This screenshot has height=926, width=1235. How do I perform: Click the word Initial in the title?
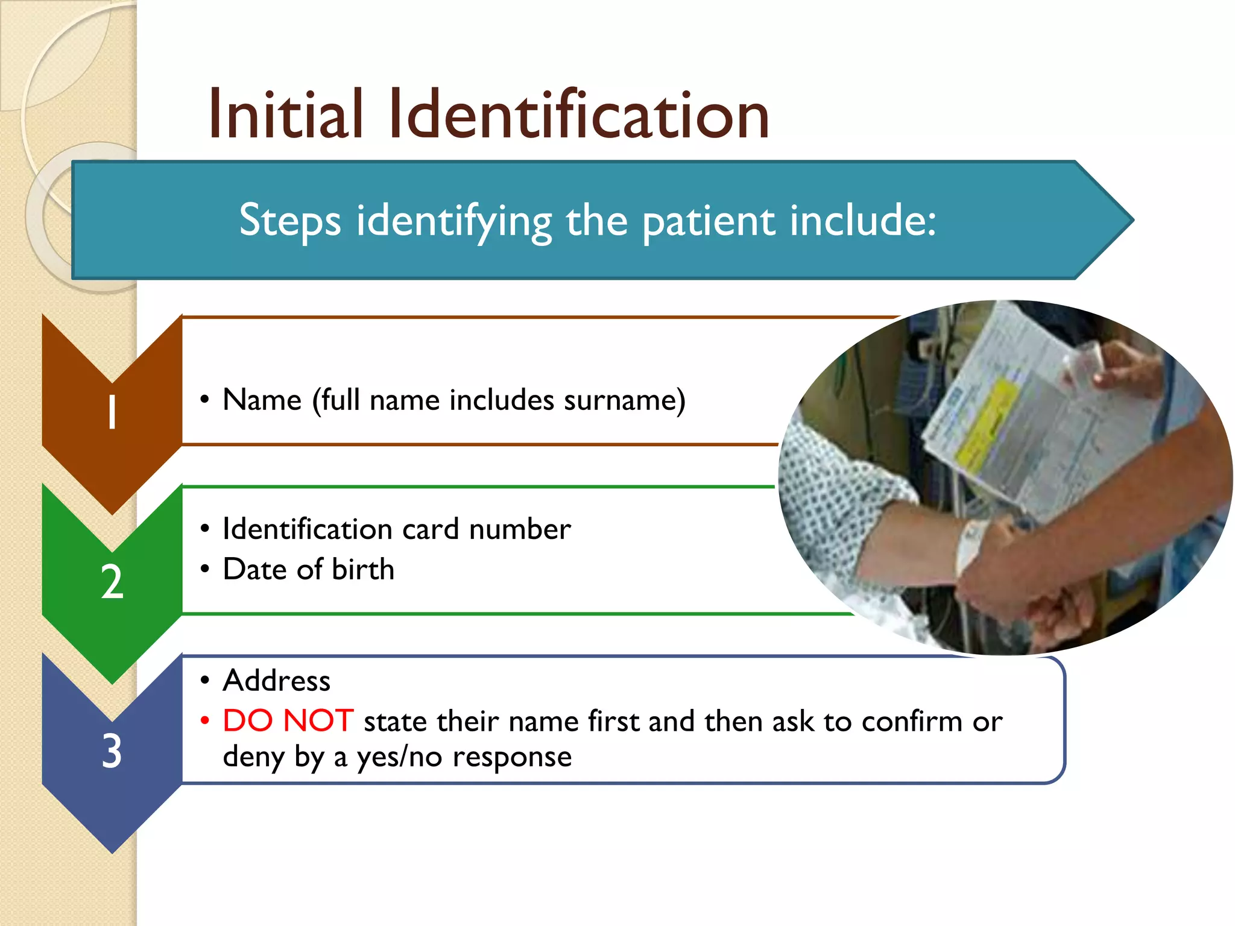point(285,115)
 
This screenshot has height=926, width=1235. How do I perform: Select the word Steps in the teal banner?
point(289,221)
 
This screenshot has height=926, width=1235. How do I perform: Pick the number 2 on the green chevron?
point(112,582)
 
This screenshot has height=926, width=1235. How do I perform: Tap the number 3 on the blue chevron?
point(112,752)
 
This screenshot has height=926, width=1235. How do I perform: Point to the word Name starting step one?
point(262,400)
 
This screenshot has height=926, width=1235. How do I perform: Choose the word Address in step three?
point(276,681)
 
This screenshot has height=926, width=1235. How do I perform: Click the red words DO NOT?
point(288,720)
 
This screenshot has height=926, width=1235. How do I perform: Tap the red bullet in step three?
point(205,721)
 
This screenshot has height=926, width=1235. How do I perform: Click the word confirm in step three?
point(911,722)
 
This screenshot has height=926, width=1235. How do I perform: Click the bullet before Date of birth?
point(205,569)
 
